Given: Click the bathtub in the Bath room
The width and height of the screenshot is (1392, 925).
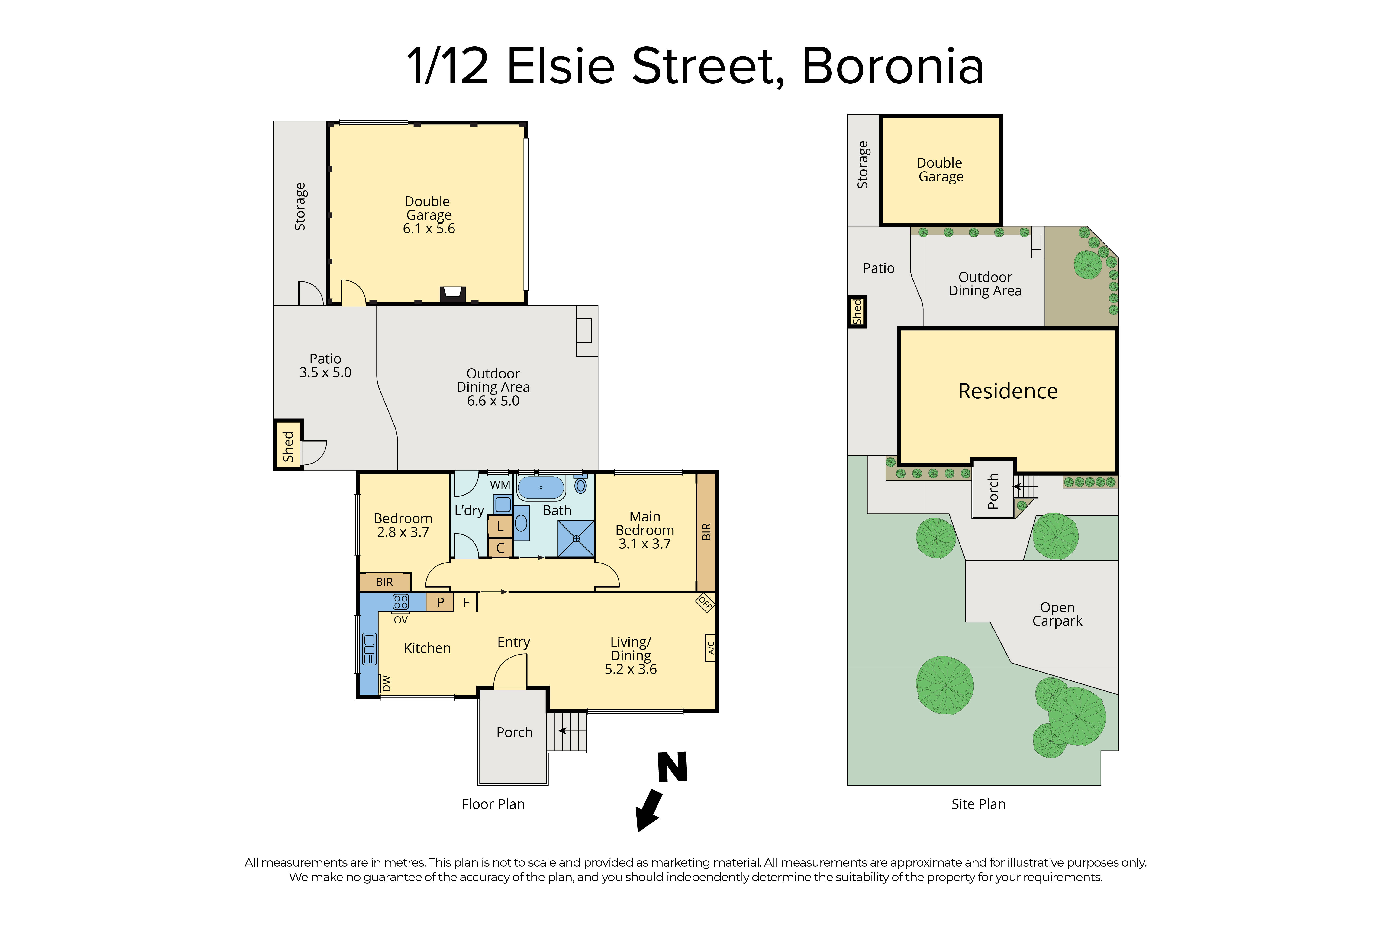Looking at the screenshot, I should pyautogui.click(x=541, y=488).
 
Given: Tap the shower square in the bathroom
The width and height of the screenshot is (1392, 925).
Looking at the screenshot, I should pyautogui.click(x=576, y=539).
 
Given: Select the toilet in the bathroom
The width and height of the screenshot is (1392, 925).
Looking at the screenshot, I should pyautogui.click(x=581, y=485).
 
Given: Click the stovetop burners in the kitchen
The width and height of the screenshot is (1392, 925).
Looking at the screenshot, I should pyautogui.click(x=401, y=602).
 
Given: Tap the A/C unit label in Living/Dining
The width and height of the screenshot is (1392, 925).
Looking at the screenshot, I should pyautogui.click(x=711, y=648).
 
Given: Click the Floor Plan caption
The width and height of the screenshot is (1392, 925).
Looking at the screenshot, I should pyautogui.click(x=493, y=804).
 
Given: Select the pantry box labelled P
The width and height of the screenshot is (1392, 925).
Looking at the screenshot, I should pyautogui.click(x=440, y=602).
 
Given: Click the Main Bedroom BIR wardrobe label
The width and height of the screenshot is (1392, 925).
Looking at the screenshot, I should pyautogui.click(x=706, y=531).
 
